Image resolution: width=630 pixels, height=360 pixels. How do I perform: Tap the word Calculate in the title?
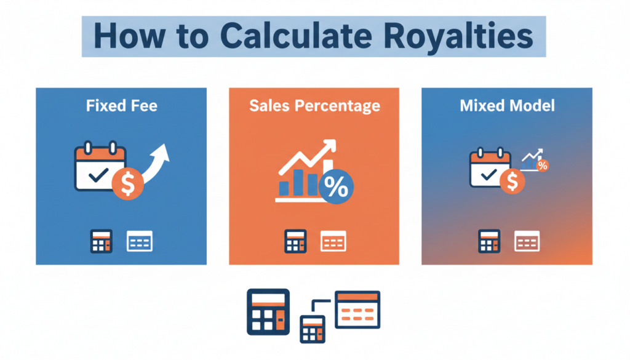[x=296, y=36]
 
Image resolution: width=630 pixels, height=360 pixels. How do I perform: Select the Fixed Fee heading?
[x=122, y=106]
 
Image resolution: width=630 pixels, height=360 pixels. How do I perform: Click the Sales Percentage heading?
[x=314, y=106]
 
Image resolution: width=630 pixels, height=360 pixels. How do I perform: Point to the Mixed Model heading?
[x=507, y=106]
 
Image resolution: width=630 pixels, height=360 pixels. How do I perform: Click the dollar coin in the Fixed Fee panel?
[x=128, y=183]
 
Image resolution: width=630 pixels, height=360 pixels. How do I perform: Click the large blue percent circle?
[x=337, y=186]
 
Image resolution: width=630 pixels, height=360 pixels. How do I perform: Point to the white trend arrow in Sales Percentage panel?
[x=308, y=157]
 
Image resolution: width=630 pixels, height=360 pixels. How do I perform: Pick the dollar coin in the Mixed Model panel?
[x=512, y=182]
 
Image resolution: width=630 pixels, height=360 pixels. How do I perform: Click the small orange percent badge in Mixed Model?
[x=543, y=165]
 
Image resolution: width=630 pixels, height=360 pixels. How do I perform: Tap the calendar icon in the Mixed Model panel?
[x=490, y=167]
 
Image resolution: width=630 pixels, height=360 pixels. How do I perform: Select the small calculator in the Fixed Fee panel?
[x=102, y=241]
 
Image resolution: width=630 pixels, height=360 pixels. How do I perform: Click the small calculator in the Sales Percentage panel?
[x=295, y=241]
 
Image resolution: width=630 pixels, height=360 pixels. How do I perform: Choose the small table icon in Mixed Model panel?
[x=527, y=241]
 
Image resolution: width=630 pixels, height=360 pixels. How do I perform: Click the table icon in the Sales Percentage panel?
[x=333, y=241]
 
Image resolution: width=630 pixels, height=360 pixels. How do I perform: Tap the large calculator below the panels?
[x=268, y=312]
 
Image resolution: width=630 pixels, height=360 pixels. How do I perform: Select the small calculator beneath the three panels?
[x=313, y=329]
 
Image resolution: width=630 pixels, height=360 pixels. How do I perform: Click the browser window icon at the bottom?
[x=357, y=310]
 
